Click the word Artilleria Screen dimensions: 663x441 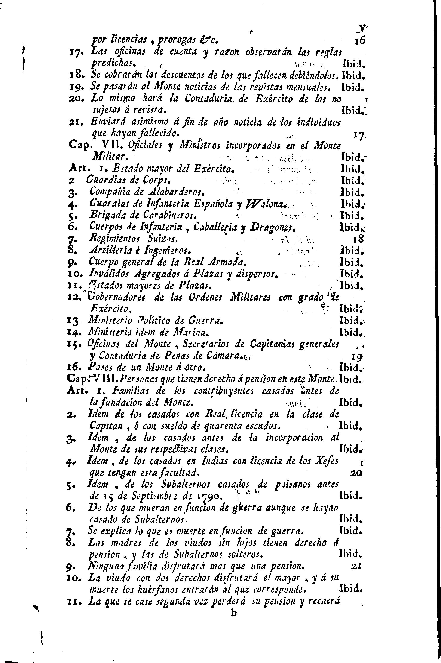point(112,250)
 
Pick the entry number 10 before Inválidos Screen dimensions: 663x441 point(74,274)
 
